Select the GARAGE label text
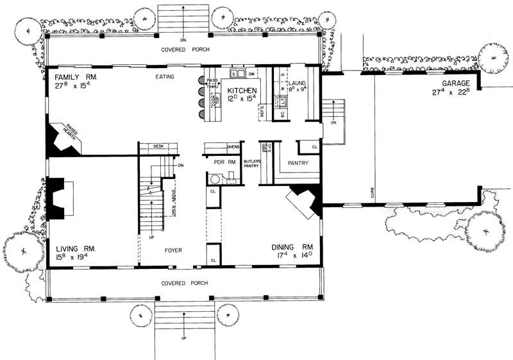tap(456, 84)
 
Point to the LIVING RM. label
tap(76, 248)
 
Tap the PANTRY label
tap(298, 163)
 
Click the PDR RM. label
tap(224, 163)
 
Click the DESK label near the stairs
tap(158, 146)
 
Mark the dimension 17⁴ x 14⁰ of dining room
tap(292, 256)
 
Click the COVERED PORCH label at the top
tap(183, 49)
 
